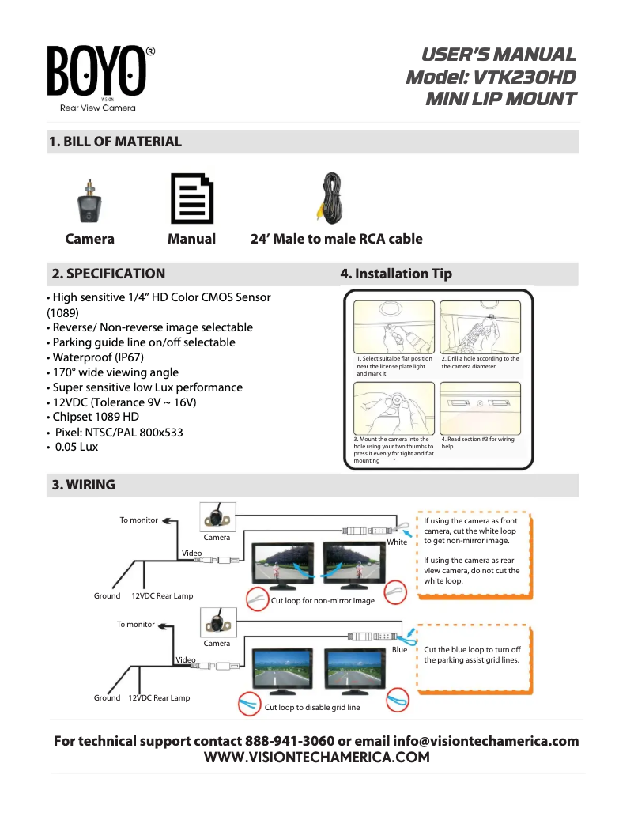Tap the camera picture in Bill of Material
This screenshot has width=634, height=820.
(x=89, y=202)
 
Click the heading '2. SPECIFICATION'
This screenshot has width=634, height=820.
(x=108, y=274)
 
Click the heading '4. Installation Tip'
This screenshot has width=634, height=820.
(x=396, y=274)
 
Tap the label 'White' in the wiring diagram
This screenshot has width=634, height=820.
(x=397, y=542)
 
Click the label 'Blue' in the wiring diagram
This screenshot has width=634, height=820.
(x=400, y=649)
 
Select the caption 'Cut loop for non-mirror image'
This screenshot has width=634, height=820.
(x=323, y=601)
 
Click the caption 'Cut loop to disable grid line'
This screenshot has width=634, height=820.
(x=311, y=708)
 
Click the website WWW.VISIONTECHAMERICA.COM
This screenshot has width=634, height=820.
(x=317, y=758)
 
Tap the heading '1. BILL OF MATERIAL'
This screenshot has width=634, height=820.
(x=115, y=142)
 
